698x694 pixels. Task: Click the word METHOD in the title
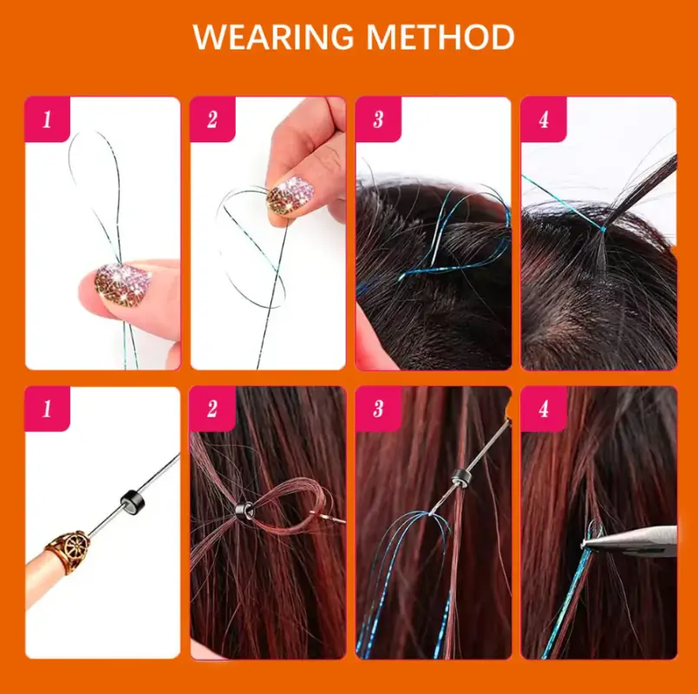tap(440, 37)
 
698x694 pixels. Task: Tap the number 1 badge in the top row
tap(47, 119)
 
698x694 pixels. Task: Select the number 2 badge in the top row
tap(212, 119)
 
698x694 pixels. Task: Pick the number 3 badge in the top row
tap(378, 119)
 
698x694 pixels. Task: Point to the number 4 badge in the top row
tap(544, 119)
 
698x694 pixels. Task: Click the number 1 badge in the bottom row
tap(47, 409)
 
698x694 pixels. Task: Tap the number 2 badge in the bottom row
tap(212, 409)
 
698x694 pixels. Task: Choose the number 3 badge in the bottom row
tap(378, 409)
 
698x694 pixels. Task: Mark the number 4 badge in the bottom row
tap(544, 409)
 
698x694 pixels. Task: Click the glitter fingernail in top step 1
tap(122, 285)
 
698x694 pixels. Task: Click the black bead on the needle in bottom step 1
tap(129, 502)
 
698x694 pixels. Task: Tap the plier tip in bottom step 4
tap(585, 543)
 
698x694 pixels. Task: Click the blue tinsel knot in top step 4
tap(603, 229)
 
